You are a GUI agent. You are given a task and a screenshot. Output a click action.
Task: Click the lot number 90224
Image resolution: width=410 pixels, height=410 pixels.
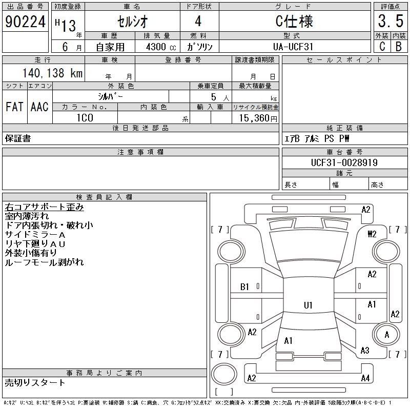click(25, 21)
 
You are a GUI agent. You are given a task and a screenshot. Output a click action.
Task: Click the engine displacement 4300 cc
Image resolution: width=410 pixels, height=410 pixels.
click(160, 47)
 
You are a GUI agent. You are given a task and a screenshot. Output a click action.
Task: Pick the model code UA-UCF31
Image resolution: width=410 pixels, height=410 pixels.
click(294, 47)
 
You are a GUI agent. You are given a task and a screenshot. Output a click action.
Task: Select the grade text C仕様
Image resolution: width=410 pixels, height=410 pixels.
click(294, 22)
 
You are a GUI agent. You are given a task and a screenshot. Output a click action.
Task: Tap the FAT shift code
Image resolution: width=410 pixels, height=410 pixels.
click(14, 107)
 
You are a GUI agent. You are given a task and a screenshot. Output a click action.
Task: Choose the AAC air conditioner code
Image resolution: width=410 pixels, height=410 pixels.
click(39, 107)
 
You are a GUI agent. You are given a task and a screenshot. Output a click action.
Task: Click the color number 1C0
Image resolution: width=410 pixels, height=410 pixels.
click(85, 118)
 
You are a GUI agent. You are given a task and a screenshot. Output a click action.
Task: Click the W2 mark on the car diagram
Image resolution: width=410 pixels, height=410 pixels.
click(372, 234)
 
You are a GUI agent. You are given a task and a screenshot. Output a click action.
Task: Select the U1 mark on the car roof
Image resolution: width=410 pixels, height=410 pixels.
click(308, 305)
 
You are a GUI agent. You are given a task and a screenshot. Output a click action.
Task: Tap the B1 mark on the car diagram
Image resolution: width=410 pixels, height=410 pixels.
click(245, 288)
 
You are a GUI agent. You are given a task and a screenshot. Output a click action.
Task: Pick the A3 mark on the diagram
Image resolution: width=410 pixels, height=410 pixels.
click(365, 351)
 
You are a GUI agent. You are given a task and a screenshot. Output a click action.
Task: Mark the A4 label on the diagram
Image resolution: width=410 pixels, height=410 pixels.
click(365, 378)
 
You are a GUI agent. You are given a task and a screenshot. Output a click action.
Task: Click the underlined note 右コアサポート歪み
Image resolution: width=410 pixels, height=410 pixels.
click(44, 208)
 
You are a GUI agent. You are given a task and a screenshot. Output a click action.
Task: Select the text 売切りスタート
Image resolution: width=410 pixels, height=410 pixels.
click(35, 382)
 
